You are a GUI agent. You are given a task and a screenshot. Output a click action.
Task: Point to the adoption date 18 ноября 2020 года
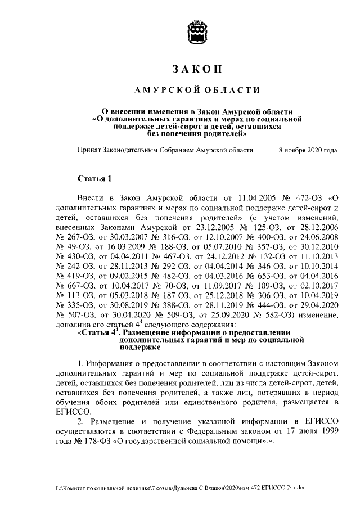click(307, 151)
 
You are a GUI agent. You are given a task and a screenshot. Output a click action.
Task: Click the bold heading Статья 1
click(94, 179)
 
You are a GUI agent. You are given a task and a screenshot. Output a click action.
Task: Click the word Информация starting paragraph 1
click(112, 363)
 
